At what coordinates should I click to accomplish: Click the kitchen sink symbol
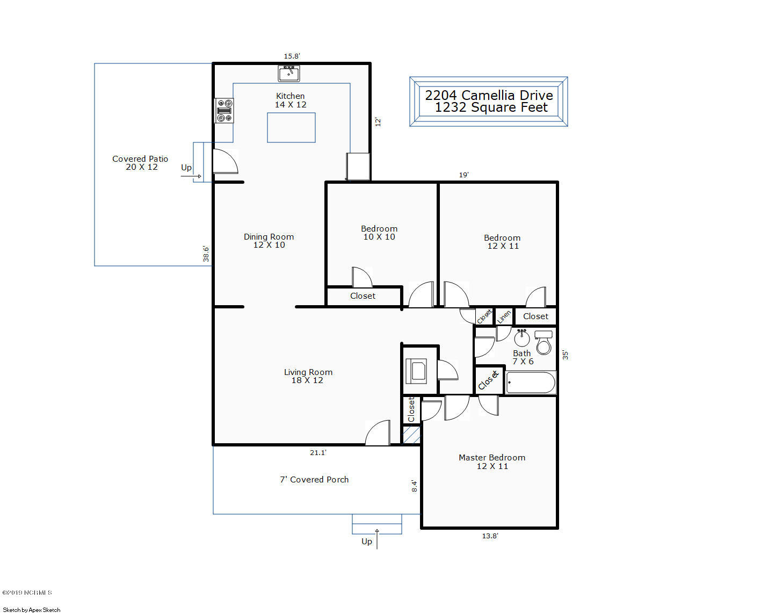[x=289, y=73]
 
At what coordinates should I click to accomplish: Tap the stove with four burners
[x=224, y=111]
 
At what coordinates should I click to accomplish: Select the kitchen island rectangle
[x=291, y=127]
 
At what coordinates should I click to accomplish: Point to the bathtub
[x=530, y=383]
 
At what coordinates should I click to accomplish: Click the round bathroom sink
[x=521, y=338]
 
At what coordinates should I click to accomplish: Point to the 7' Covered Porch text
[x=314, y=479]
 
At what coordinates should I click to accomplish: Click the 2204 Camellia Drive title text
[x=489, y=95]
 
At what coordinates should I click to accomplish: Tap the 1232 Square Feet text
[x=491, y=107]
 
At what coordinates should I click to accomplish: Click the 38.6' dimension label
[x=206, y=254]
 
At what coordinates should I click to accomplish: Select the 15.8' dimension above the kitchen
[x=292, y=56]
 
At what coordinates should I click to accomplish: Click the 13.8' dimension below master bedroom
[x=490, y=536]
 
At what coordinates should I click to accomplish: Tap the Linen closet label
[x=504, y=317]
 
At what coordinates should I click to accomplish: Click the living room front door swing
[x=377, y=432]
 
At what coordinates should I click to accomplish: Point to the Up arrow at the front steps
[x=377, y=539]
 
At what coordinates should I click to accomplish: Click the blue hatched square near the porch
[x=411, y=435]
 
